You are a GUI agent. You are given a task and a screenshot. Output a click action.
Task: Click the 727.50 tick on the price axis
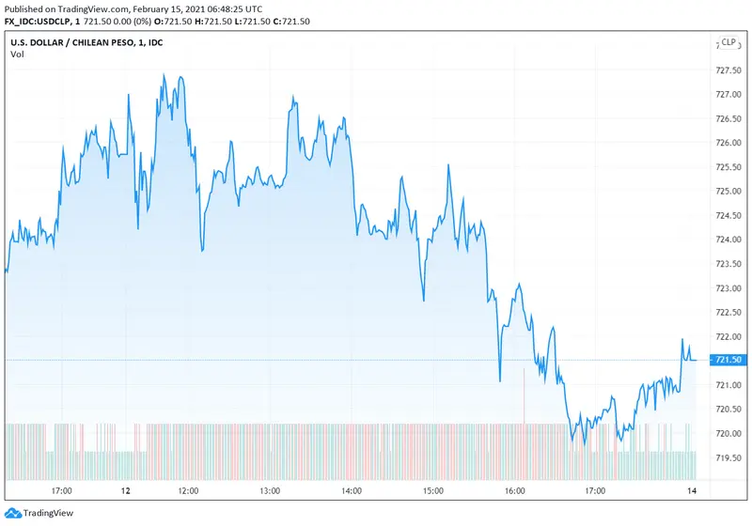tap(729, 70)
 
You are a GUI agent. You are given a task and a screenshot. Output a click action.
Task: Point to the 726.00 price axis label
tap(729, 143)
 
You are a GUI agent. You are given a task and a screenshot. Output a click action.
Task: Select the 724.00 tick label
tap(729, 240)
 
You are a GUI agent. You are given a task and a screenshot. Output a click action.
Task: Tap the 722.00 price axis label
tap(729, 336)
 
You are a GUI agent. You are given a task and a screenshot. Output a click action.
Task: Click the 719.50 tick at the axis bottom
tap(729, 457)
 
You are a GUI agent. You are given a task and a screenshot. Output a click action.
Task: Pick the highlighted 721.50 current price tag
tap(729, 361)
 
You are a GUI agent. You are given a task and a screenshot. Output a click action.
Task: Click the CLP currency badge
tap(728, 42)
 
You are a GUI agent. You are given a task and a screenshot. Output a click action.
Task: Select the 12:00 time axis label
tap(187, 490)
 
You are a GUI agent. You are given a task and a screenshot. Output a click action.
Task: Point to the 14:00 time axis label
tap(352, 490)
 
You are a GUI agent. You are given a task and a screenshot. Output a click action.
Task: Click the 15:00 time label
tap(433, 490)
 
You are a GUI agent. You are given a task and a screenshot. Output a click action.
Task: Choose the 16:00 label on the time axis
tap(515, 490)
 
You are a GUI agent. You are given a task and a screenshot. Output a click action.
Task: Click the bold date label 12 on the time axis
tap(126, 490)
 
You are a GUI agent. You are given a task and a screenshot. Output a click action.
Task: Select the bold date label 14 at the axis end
tap(693, 490)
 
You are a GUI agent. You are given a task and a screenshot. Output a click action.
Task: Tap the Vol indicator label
tap(17, 54)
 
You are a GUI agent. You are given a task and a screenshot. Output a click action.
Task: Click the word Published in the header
tap(25, 8)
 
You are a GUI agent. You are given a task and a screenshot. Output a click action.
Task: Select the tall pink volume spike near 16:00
tap(523, 394)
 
